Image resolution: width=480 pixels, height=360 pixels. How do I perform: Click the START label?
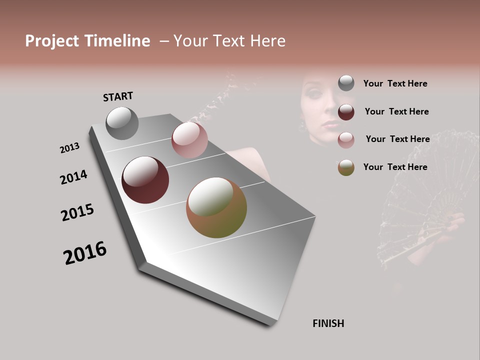coord(118,96)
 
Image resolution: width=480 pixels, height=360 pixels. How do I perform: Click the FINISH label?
coord(328,323)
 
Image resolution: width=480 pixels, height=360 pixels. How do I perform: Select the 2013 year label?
coord(69,148)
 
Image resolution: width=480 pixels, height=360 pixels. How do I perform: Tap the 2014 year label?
coord(73,177)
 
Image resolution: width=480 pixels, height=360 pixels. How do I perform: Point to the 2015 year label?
coord(77,212)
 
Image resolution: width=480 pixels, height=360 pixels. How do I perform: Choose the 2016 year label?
coord(85,253)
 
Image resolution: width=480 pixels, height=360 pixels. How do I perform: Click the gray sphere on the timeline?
coord(122,123)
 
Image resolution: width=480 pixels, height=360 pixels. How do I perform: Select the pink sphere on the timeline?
coord(189,139)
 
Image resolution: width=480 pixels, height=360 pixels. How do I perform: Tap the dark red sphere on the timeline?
coord(145,180)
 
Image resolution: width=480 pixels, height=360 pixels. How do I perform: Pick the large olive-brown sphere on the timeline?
coord(216,207)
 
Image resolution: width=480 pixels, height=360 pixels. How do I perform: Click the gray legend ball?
coord(346,83)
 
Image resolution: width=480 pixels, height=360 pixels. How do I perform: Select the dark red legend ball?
coord(346,112)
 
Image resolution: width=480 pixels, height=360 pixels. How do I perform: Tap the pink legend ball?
coord(346,140)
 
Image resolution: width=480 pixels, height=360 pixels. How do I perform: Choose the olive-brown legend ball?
coord(346,167)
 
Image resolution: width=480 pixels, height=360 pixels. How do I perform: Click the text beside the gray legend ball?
coord(395,83)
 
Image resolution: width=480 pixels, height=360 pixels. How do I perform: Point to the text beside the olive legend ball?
coord(395,167)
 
